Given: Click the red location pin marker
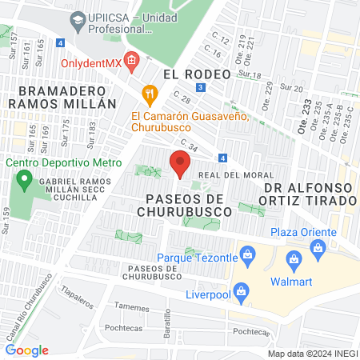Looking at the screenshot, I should [179, 165].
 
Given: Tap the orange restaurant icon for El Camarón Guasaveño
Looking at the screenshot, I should [148, 94].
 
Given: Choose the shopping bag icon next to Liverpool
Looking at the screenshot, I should [238, 290].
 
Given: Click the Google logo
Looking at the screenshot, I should [27, 350].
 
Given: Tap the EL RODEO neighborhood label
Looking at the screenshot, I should [196, 74].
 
